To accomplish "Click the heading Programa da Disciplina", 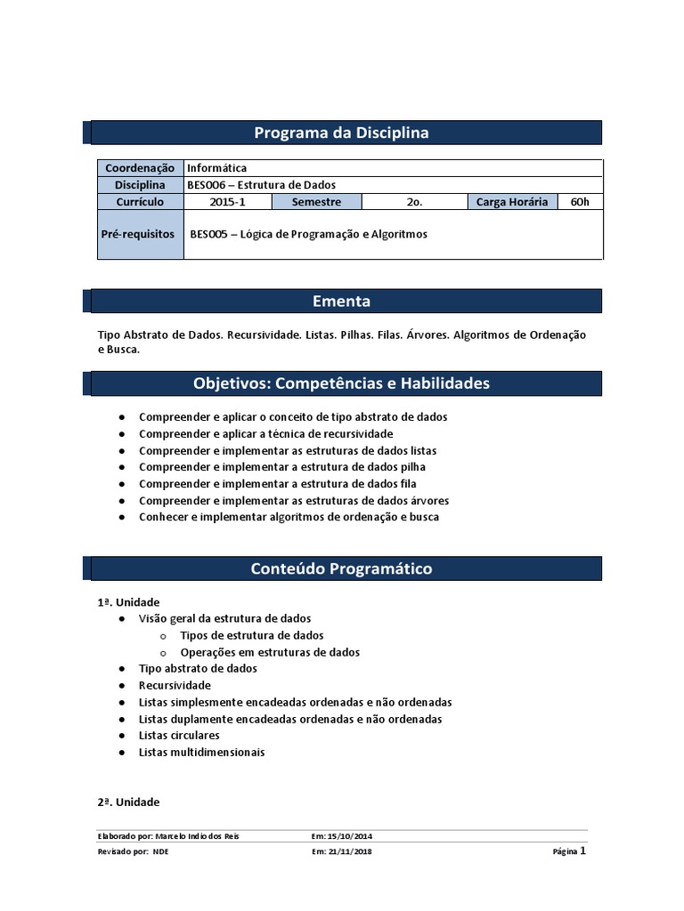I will [341, 133].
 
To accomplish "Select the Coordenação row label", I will [140, 168].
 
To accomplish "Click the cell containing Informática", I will [217, 168].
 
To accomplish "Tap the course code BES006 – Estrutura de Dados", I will [261, 185].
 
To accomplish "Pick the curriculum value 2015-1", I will [228, 202].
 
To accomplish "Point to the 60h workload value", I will [580, 202].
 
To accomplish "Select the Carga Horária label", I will [513, 202].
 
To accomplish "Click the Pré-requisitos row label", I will [140, 235].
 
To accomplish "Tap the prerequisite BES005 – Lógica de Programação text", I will [309, 235].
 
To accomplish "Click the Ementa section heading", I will [341, 301].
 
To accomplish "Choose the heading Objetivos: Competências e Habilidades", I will [341, 383].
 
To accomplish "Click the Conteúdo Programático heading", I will [341, 568].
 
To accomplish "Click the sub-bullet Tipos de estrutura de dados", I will [251, 635].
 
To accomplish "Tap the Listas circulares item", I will [179, 736].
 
